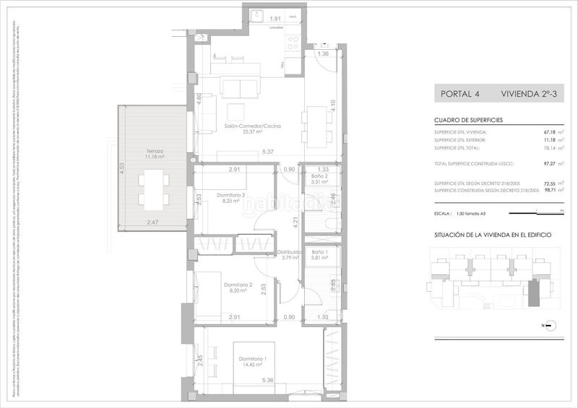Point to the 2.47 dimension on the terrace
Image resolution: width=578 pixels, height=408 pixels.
(x=152, y=222)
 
